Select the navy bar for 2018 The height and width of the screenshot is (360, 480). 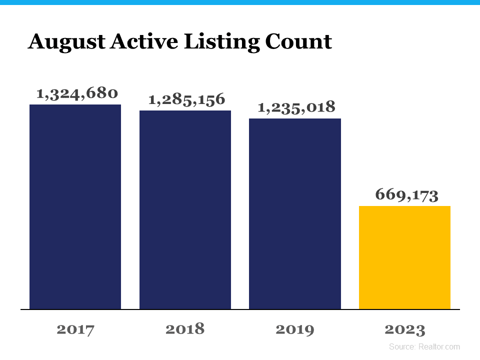(185, 209)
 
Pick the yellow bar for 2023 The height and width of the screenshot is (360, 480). (404, 257)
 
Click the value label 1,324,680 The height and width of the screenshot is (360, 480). (77, 93)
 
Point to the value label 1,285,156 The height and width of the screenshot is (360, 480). (186, 99)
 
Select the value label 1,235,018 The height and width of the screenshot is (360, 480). (296, 107)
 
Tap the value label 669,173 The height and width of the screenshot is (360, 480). (406, 195)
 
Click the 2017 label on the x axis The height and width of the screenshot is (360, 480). (75, 329)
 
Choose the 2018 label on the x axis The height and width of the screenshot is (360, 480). (185, 329)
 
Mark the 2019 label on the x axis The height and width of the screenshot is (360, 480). (295, 329)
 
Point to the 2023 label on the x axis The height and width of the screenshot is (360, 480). (404, 329)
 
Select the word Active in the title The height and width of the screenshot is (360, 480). (141, 41)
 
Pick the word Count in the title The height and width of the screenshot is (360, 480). (298, 41)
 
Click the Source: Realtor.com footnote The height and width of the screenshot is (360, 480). (424, 346)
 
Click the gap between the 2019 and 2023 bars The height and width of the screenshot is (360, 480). (350, 250)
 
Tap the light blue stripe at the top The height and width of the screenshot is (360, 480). (240, 2)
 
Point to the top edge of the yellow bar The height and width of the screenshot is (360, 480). (404, 206)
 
